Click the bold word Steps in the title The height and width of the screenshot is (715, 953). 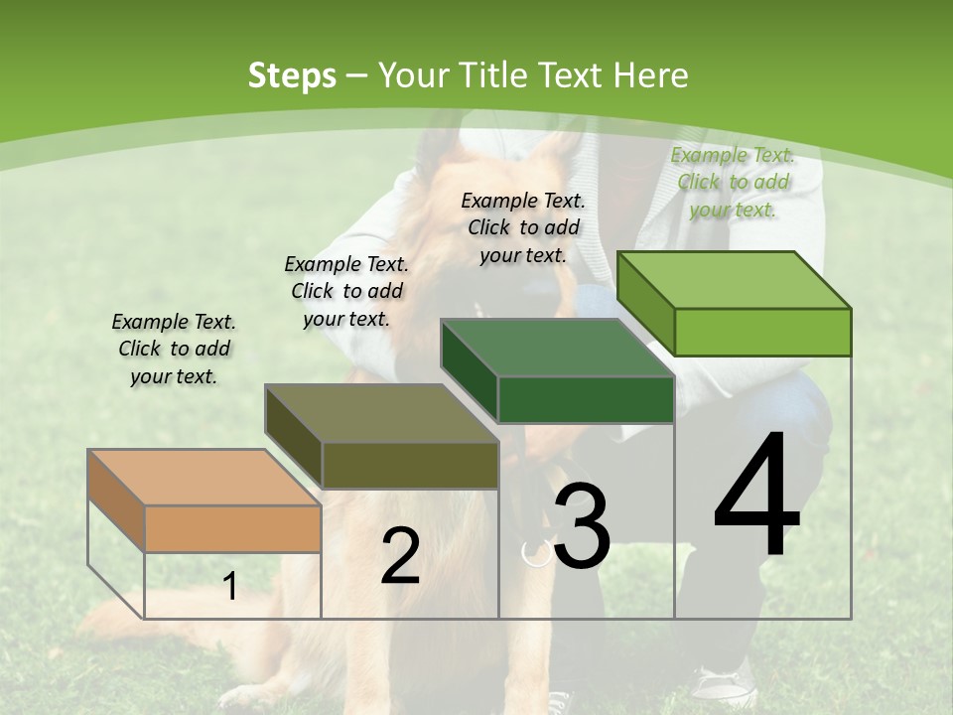pos(291,75)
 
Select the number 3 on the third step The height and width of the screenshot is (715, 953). pos(582,526)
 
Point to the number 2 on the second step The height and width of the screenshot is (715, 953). pos(400,556)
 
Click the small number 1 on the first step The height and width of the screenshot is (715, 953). pos(229,586)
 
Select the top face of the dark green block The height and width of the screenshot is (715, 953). pos(557,348)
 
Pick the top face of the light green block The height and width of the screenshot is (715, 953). pos(734,280)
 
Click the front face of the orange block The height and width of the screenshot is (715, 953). pos(232,528)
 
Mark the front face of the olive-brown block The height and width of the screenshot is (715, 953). pos(410,465)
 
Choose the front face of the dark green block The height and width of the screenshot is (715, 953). pos(586,399)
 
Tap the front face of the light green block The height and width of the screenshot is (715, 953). pos(762,332)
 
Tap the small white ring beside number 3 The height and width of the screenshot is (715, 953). pos(537,552)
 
